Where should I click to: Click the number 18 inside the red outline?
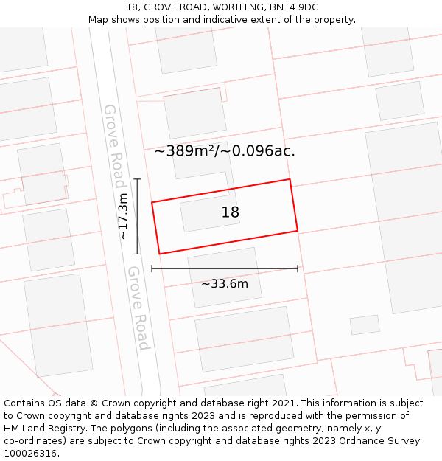coord(231,212)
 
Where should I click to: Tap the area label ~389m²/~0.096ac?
coord(225,151)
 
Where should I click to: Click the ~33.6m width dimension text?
coord(225,283)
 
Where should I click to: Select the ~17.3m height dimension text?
coord(123,216)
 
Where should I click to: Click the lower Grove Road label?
coord(138,308)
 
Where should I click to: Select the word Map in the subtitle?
coord(99,19)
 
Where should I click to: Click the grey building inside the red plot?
coord(210,213)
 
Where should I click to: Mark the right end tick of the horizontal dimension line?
coord(298,268)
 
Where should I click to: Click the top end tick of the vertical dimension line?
coord(137,179)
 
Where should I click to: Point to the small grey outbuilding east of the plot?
coord(365,325)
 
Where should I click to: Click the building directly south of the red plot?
coord(225,277)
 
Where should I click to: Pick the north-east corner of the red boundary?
coord(290,179)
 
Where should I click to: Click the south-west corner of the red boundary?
coord(158,254)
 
